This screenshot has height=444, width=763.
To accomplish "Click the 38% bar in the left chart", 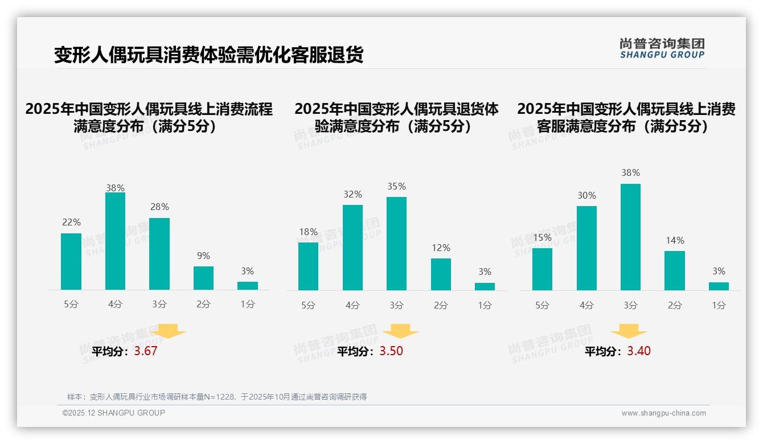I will [115, 241].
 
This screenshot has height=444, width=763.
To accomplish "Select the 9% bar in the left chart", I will [203, 278].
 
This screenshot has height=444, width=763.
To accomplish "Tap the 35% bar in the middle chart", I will [396, 244].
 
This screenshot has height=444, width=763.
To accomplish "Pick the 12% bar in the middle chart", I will [441, 274].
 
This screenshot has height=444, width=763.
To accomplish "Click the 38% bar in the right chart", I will [630, 237].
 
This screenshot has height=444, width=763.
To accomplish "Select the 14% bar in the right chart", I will [675, 270].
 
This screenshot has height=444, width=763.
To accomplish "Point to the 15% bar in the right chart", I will [542, 269].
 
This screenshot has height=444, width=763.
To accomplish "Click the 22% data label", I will [71, 222].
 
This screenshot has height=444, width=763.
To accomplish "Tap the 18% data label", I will [308, 232].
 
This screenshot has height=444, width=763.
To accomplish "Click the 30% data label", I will [586, 195].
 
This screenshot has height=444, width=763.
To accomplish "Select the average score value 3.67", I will [145, 351].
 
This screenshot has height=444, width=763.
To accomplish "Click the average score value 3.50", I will [391, 351].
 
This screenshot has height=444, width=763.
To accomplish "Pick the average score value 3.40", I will [639, 351].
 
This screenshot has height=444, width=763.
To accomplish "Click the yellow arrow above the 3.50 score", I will [400, 331].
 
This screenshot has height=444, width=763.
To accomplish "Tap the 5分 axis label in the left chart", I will [71, 305].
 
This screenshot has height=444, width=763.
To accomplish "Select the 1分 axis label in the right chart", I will [719, 305].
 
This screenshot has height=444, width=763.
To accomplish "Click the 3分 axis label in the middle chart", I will [396, 305].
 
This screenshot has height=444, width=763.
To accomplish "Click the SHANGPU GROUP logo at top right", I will [662, 48].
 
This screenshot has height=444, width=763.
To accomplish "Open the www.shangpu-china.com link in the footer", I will [663, 413].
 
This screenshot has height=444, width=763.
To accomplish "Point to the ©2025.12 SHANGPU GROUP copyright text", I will [114, 413].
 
